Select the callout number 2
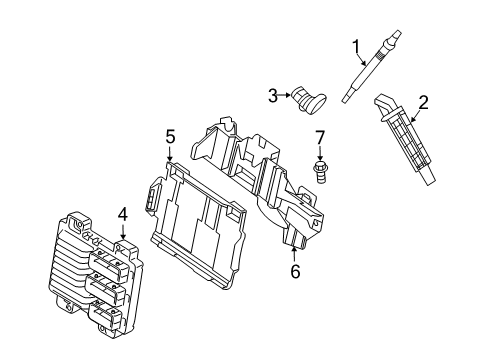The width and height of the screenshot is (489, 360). (x=423, y=101)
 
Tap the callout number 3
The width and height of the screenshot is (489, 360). (x=272, y=95)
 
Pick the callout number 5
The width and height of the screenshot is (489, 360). (x=170, y=136)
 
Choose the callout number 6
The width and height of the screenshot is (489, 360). (x=295, y=272)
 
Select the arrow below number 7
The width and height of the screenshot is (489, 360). (x=320, y=154)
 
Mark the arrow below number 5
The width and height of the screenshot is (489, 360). (x=170, y=155)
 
